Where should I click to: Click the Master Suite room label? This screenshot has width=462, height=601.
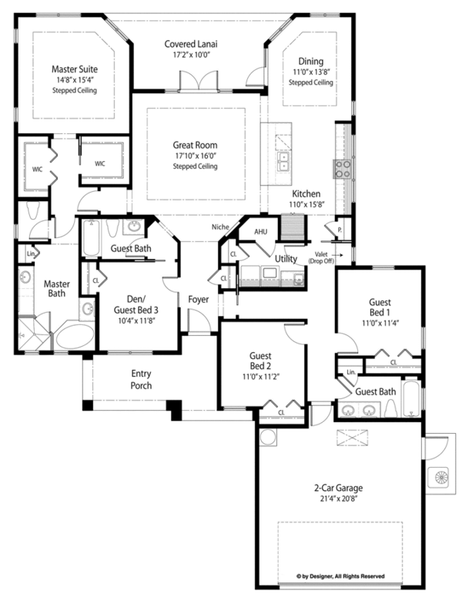[75, 69]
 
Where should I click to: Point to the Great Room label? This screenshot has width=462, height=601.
[195, 145]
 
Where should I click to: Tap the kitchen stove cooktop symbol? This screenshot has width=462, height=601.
[340, 166]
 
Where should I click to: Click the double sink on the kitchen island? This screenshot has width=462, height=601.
[283, 160]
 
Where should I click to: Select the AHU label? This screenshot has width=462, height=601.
[260, 230]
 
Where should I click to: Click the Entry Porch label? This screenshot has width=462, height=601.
[141, 379]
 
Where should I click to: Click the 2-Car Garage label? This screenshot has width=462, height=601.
[338, 489]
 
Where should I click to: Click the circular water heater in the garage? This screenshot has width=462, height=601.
[269, 438]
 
